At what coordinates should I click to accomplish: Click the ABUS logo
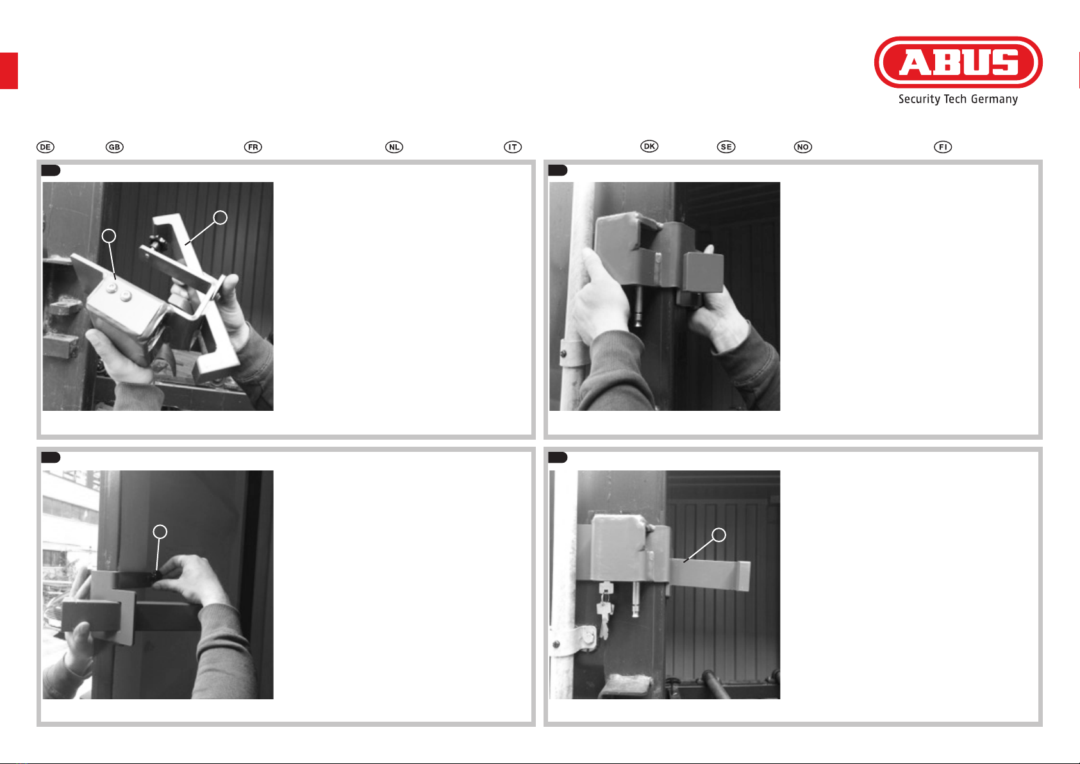tap(958, 62)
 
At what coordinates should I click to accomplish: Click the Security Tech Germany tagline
tap(958, 99)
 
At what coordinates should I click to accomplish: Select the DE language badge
tap(46, 147)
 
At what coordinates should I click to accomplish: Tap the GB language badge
tap(115, 147)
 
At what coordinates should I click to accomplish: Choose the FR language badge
tap(253, 147)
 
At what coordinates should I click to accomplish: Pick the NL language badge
tap(394, 147)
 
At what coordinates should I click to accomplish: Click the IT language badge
tap(513, 147)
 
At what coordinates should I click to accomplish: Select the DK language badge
tap(649, 146)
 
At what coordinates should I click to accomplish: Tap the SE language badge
tap(726, 147)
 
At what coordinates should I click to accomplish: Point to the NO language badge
tap(803, 147)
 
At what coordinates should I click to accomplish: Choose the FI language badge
tap(943, 147)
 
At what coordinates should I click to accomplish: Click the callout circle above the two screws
tap(109, 236)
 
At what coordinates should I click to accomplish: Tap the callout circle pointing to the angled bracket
tap(220, 218)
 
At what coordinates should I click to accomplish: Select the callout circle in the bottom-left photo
tap(160, 532)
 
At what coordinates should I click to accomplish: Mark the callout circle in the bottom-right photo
tap(719, 535)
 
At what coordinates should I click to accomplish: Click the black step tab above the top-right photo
tap(558, 170)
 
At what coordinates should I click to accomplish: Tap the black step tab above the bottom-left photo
tap(51, 458)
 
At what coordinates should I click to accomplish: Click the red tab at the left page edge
tap(9, 71)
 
